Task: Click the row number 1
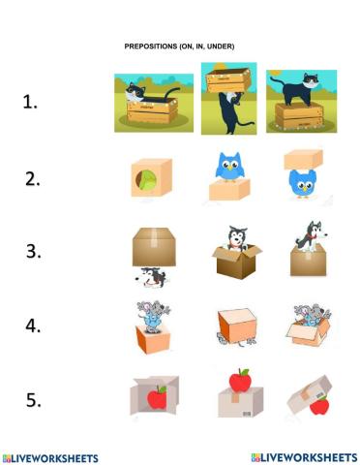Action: [31, 101]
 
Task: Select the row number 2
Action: [31, 178]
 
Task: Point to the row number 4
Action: [32, 325]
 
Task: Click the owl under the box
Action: [303, 182]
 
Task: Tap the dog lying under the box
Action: [151, 277]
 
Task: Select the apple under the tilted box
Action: [318, 405]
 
